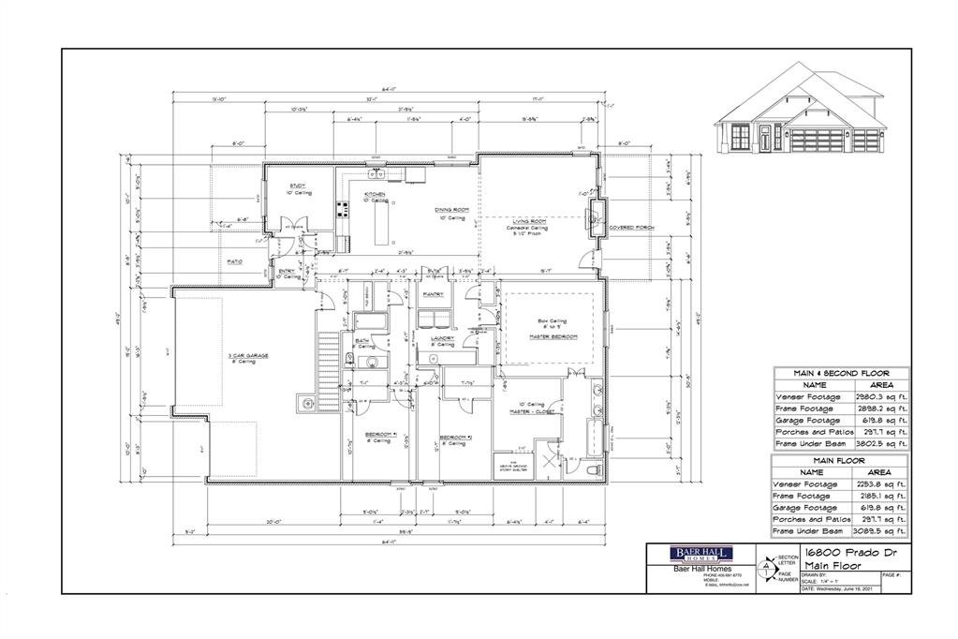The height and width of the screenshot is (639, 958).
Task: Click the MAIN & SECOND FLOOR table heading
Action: click(x=840, y=373)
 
